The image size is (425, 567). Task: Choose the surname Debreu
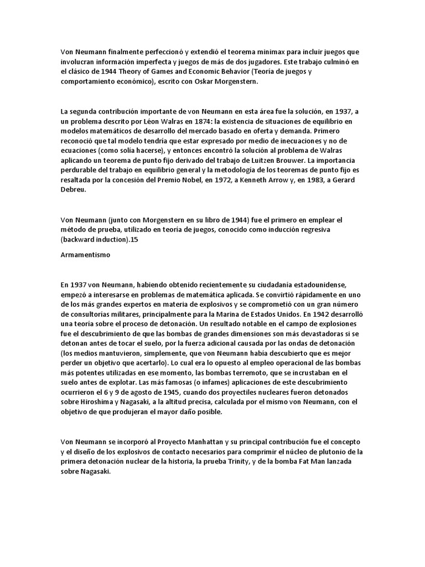(x=75, y=191)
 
